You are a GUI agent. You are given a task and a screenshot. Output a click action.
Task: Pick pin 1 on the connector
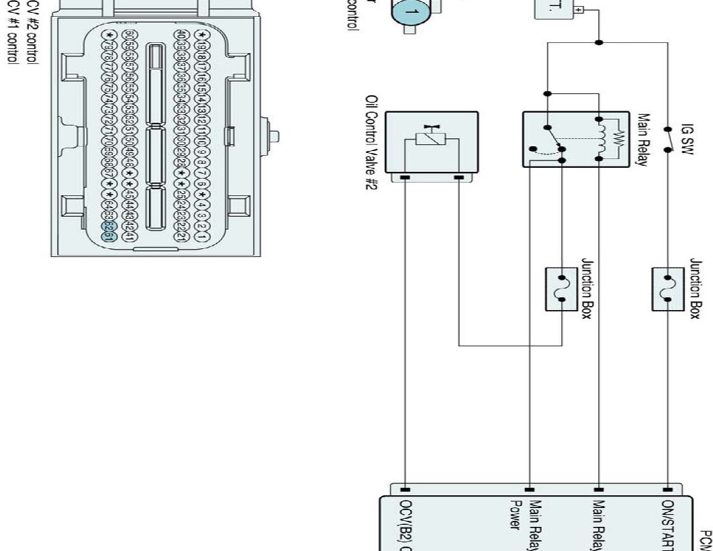[199, 236]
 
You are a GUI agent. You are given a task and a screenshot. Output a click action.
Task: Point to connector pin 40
[181, 35]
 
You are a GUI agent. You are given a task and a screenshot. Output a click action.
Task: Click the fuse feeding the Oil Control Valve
[562, 289]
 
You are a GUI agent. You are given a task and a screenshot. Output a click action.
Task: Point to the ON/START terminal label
[667, 523]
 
